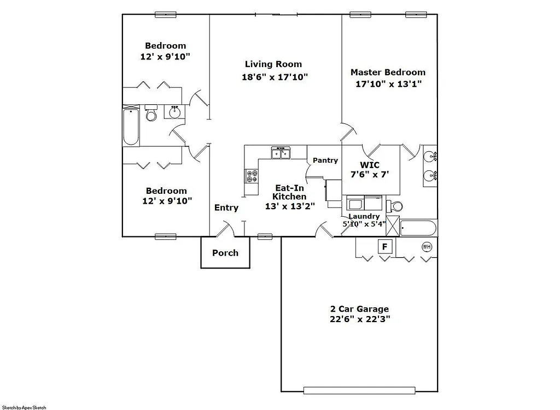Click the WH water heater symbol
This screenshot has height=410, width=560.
tap(427, 247)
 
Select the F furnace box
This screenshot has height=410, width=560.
tap(384, 247)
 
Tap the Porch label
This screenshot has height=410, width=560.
tap(225, 253)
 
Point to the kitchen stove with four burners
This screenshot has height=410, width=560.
tap(252, 176)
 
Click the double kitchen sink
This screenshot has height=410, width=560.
tap(282, 153)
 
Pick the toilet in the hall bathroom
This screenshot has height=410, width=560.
tap(151, 114)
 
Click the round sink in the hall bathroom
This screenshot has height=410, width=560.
tap(175, 112)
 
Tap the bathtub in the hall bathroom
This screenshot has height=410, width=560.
tap(131, 127)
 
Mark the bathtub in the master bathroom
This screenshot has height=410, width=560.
tap(418, 228)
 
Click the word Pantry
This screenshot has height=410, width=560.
tap(325, 161)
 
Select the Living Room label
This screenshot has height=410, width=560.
tap(273, 64)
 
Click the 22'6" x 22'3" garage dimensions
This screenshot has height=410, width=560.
tap(359, 319)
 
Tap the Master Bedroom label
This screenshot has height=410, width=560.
tap(388, 72)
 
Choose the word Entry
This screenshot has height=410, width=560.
tap(226, 207)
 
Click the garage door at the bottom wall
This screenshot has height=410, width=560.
tap(370, 390)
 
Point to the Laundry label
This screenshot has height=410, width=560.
tap(364, 216)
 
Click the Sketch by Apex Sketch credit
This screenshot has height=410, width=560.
tap(24, 407)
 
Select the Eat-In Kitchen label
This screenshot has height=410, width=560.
tap(289, 192)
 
